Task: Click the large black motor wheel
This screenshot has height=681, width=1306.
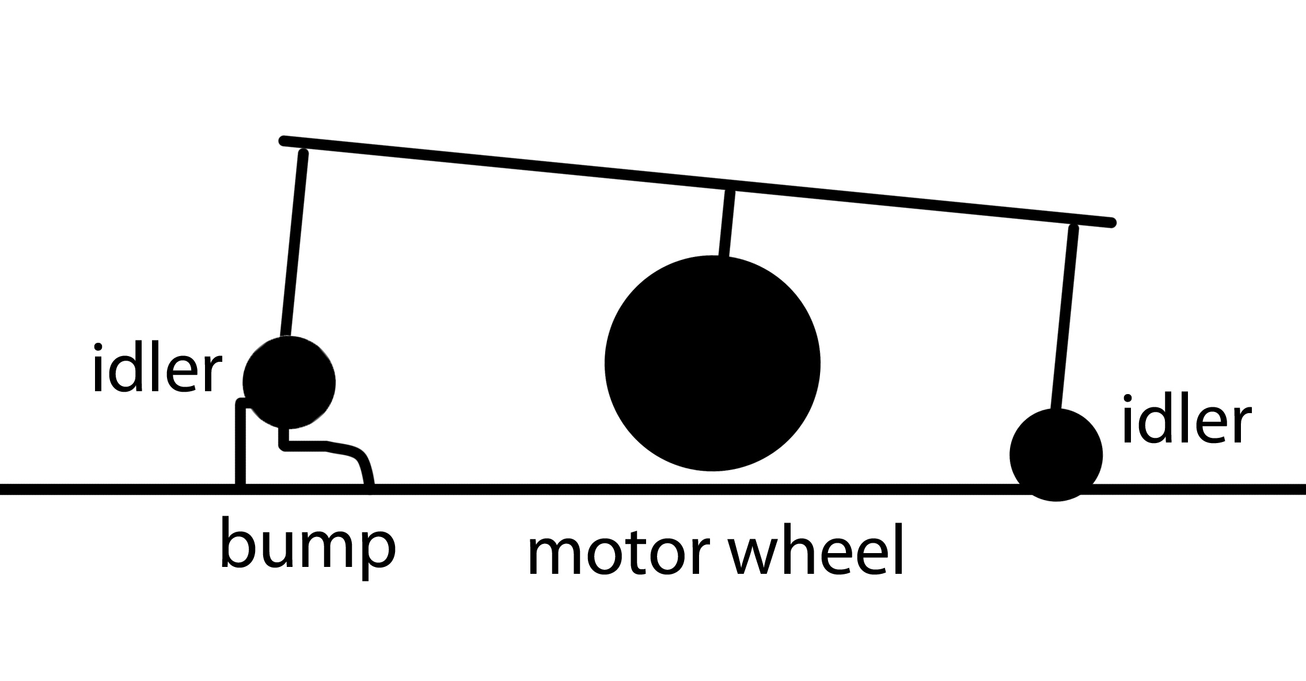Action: coord(712,363)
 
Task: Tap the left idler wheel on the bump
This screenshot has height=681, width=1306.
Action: coord(289,382)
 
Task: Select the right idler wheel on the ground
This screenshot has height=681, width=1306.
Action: coord(1056,455)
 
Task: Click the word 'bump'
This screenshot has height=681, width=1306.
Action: coord(307,546)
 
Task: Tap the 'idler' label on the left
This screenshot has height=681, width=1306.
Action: coord(157,369)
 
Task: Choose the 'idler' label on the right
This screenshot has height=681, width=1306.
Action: coord(1186,421)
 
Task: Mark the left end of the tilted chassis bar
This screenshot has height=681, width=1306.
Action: coord(283,141)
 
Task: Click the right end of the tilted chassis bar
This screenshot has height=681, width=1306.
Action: coord(1111,222)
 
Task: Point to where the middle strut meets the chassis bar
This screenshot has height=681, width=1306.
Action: coord(730,188)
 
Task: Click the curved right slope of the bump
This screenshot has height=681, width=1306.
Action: coord(364,464)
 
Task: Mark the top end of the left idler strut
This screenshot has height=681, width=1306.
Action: coord(303,153)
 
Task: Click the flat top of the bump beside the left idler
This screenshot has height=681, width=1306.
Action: coord(311,445)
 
